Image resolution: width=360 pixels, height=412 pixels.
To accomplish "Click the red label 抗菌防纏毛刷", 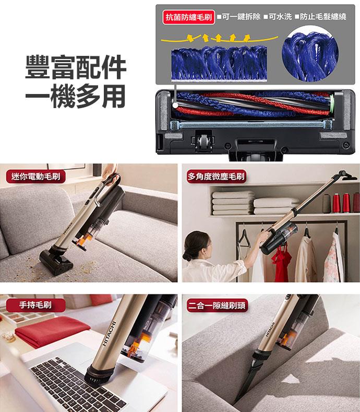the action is tap(189, 17).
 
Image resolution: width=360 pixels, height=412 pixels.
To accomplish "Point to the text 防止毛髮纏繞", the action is tap(323, 17).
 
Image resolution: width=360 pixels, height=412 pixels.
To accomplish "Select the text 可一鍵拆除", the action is tap(241, 17).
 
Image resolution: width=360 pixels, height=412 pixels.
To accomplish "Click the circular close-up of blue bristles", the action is tap(310, 54).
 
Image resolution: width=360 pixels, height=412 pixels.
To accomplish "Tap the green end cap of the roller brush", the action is tap(332, 104).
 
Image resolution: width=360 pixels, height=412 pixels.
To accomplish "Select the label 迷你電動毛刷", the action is tap(35, 176).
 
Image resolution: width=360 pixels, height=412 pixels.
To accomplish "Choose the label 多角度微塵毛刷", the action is tap(216, 176).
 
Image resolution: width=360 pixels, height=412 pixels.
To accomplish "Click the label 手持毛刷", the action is tap(35, 305).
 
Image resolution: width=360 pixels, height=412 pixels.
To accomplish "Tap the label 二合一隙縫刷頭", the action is tap(217, 305).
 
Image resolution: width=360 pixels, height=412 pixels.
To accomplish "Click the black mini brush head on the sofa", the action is tap(56, 262).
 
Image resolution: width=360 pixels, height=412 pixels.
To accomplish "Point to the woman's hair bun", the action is tap(187, 256).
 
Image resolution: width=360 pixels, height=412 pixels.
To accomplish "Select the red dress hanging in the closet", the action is tap(281, 262).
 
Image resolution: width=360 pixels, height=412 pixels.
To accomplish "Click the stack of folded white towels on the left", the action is tap(233, 203).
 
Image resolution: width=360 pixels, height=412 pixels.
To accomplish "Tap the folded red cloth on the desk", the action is tap(52, 331).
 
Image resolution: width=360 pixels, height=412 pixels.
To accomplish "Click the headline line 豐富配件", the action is tap(76, 67).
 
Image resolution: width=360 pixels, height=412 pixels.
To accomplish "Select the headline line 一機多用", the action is tap(75, 96).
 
